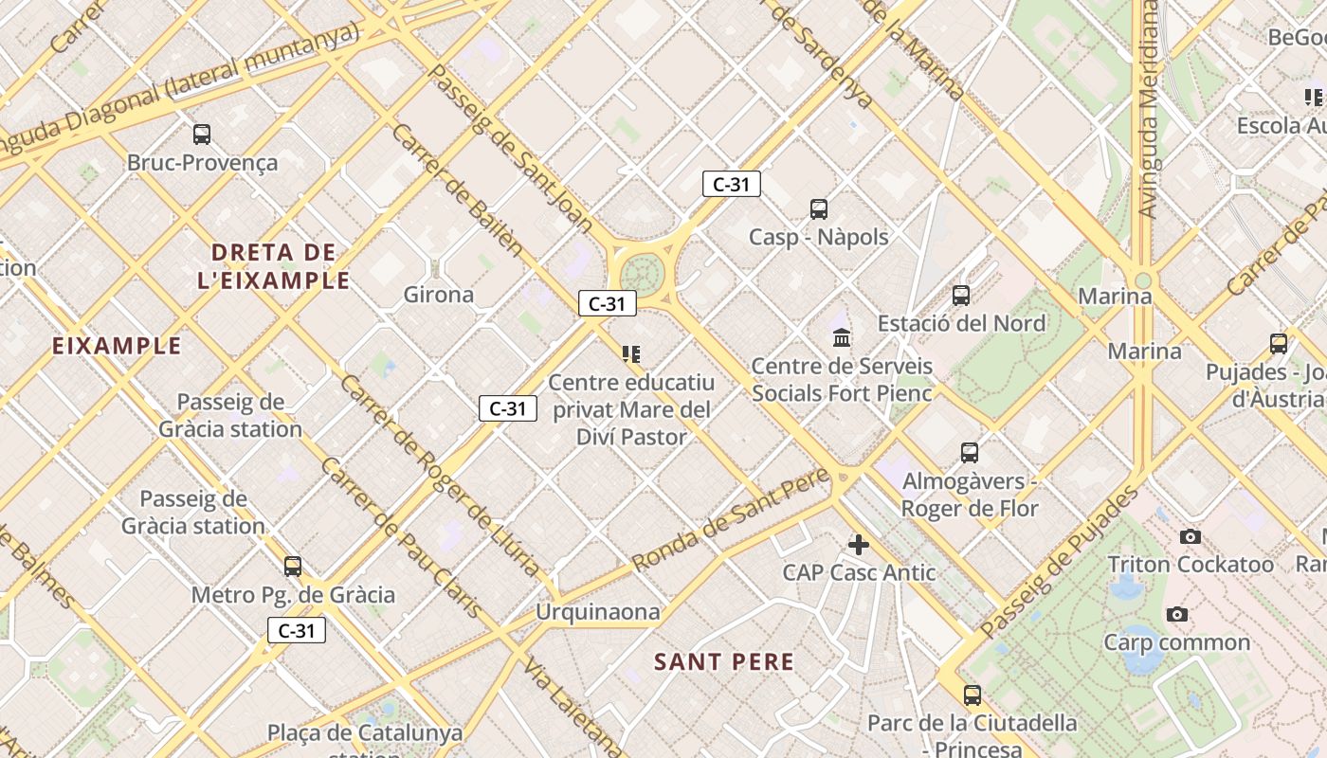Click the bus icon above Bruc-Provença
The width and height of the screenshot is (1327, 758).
pyautogui.click(x=202, y=135)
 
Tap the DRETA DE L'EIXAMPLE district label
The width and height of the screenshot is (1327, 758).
pyautogui.click(x=274, y=266)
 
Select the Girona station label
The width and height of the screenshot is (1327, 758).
pyautogui.click(x=439, y=295)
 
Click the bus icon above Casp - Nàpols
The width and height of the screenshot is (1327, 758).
pyautogui.click(x=819, y=209)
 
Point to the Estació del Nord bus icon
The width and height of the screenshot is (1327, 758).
pyautogui.click(x=961, y=296)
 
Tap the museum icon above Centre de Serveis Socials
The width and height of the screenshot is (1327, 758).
pyautogui.click(x=841, y=337)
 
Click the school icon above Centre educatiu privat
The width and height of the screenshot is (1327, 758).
pyautogui.click(x=631, y=354)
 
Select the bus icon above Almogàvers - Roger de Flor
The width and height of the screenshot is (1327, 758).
pyautogui.click(x=969, y=453)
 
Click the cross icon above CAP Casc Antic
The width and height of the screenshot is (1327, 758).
pyautogui.click(x=859, y=545)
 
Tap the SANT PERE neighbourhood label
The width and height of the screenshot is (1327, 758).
pyautogui.click(x=724, y=662)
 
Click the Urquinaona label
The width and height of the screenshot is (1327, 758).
pyautogui.click(x=597, y=612)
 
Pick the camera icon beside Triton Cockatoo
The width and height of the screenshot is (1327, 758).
pyautogui.click(x=1191, y=537)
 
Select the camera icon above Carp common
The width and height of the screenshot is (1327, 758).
pyautogui.click(x=1177, y=615)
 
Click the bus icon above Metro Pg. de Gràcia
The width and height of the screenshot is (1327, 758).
pyautogui.click(x=293, y=567)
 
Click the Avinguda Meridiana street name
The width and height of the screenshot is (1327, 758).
pyautogui.click(x=1150, y=109)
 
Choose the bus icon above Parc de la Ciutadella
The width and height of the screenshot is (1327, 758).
pyautogui.click(x=973, y=695)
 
